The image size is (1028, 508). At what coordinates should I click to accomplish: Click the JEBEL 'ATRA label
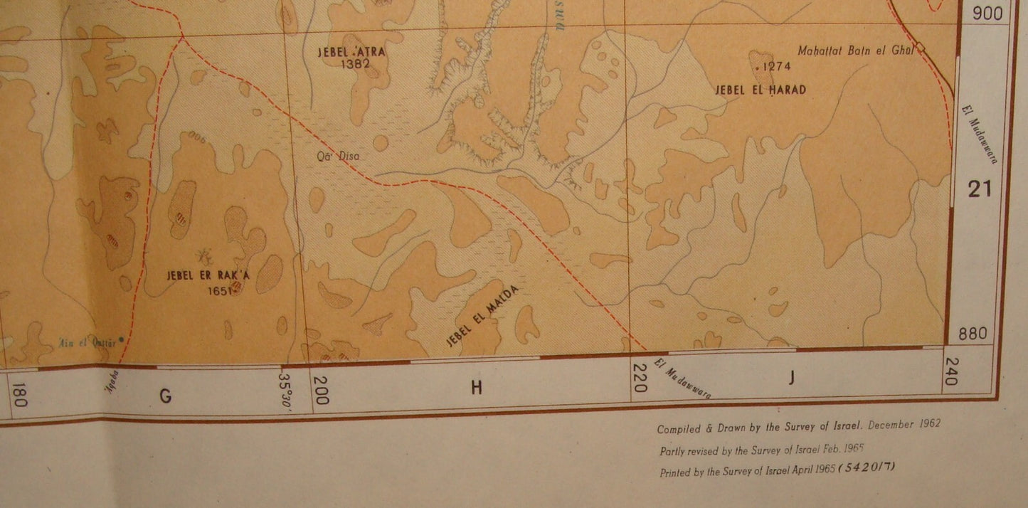347,51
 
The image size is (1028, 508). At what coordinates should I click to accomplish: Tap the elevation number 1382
356,64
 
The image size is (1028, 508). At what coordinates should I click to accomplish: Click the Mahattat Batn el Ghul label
854,50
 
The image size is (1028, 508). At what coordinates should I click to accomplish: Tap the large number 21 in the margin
980,189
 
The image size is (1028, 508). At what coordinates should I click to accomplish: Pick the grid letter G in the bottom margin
165,396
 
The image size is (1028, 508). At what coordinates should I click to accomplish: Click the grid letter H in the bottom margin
476,387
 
